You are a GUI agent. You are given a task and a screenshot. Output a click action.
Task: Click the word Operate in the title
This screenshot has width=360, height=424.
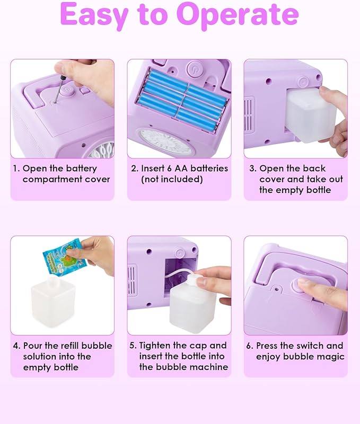pos(239,15)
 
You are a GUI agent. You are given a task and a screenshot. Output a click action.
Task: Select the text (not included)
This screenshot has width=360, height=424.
pos(171,179)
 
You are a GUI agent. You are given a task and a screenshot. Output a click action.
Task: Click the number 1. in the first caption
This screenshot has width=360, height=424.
pos(16,169)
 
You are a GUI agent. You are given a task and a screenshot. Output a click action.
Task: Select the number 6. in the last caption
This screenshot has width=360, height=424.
pos(249,346)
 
